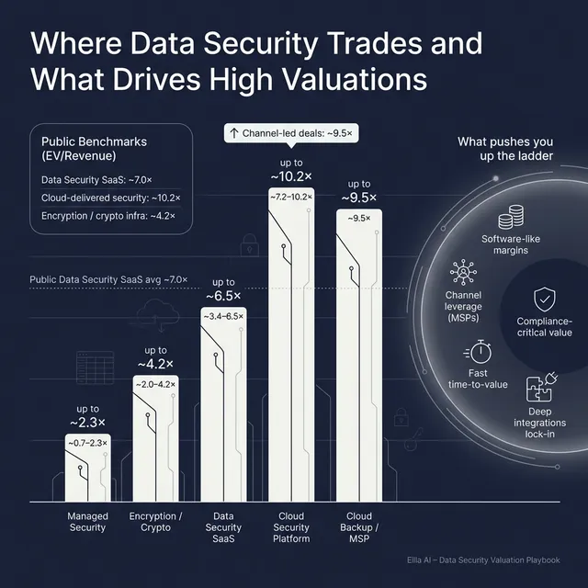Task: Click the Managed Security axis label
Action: (87, 522)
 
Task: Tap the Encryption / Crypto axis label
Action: (155, 522)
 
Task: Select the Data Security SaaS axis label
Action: (222, 527)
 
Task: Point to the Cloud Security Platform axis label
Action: (290, 527)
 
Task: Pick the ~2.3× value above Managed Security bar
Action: (87, 422)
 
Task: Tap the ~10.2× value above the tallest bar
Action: (291, 175)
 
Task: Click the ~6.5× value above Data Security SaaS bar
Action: (223, 296)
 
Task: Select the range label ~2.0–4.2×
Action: (155, 384)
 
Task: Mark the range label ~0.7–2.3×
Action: (87, 443)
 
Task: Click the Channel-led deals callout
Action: (290, 134)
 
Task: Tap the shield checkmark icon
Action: (544, 299)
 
